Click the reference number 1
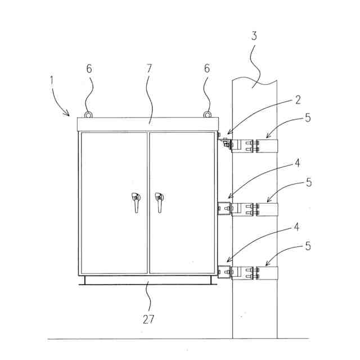click(x=52, y=80)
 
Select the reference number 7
click(x=149, y=69)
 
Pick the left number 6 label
click(x=89, y=69)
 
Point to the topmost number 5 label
click(x=308, y=119)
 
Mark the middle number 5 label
click(x=308, y=183)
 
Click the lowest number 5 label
click(x=308, y=246)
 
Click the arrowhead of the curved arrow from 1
click(x=69, y=113)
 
